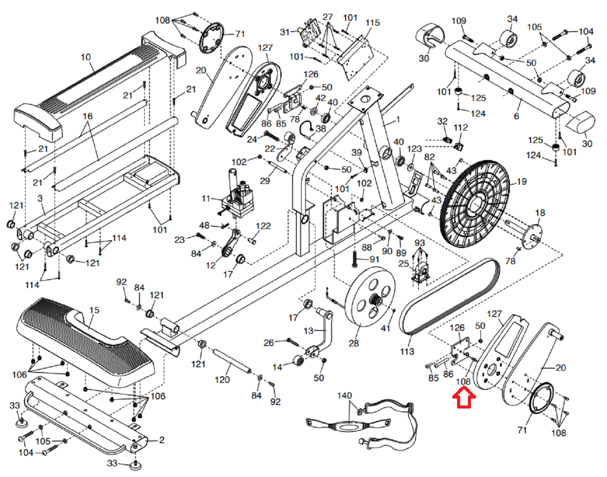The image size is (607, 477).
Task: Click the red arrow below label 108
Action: click(464, 398)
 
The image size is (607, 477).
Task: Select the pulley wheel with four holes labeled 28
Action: click(371, 296)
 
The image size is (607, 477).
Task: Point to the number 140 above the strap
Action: click(344, 395)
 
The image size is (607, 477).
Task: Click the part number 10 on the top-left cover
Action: click(86, 57)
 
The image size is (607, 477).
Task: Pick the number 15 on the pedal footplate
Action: click(94, 310)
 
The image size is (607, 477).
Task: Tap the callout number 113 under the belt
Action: click(407, 351)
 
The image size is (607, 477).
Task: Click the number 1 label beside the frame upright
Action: click(398, 119)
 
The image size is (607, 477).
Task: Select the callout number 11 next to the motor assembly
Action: click(206, 199)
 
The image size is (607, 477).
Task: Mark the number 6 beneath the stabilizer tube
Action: click(516, 116)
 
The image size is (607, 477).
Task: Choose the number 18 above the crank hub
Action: click(540, 212)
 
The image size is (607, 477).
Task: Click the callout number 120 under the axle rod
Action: click(222, 380)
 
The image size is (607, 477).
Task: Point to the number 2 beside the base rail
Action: click(162, 440)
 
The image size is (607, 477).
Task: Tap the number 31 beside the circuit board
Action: click(285, 32)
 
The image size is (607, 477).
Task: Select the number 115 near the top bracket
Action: click(373, 23)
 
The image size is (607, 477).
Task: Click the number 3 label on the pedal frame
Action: click(40, 199)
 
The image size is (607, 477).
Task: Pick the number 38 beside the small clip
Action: click(321, 129)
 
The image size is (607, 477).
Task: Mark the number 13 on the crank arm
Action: click(308, 331)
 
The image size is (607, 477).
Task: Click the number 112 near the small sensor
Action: click(461, 127)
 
